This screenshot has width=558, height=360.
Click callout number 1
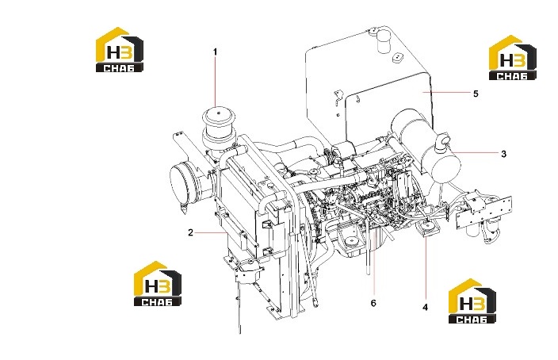coord(215,52)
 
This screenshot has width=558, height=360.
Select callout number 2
coord(191,232)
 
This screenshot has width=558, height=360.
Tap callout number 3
coord(503,154)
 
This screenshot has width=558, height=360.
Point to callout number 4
coord(426,307)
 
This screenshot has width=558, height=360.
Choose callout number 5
coord(476,94)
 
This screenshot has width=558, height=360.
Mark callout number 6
coord(373,303)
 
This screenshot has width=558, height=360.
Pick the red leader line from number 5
coord(446,92)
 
